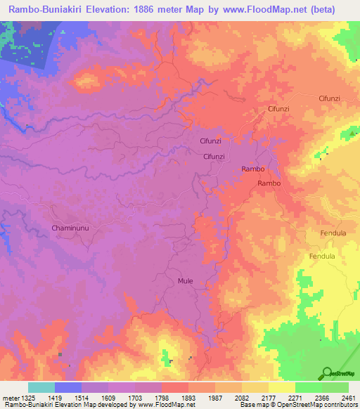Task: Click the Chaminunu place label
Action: (x=70, y=228)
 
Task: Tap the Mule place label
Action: (x=186, y=281)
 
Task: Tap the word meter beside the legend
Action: (x=9, y=397)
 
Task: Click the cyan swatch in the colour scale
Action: (x=41, y=387)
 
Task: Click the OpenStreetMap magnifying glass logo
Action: (x=327, y=372)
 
